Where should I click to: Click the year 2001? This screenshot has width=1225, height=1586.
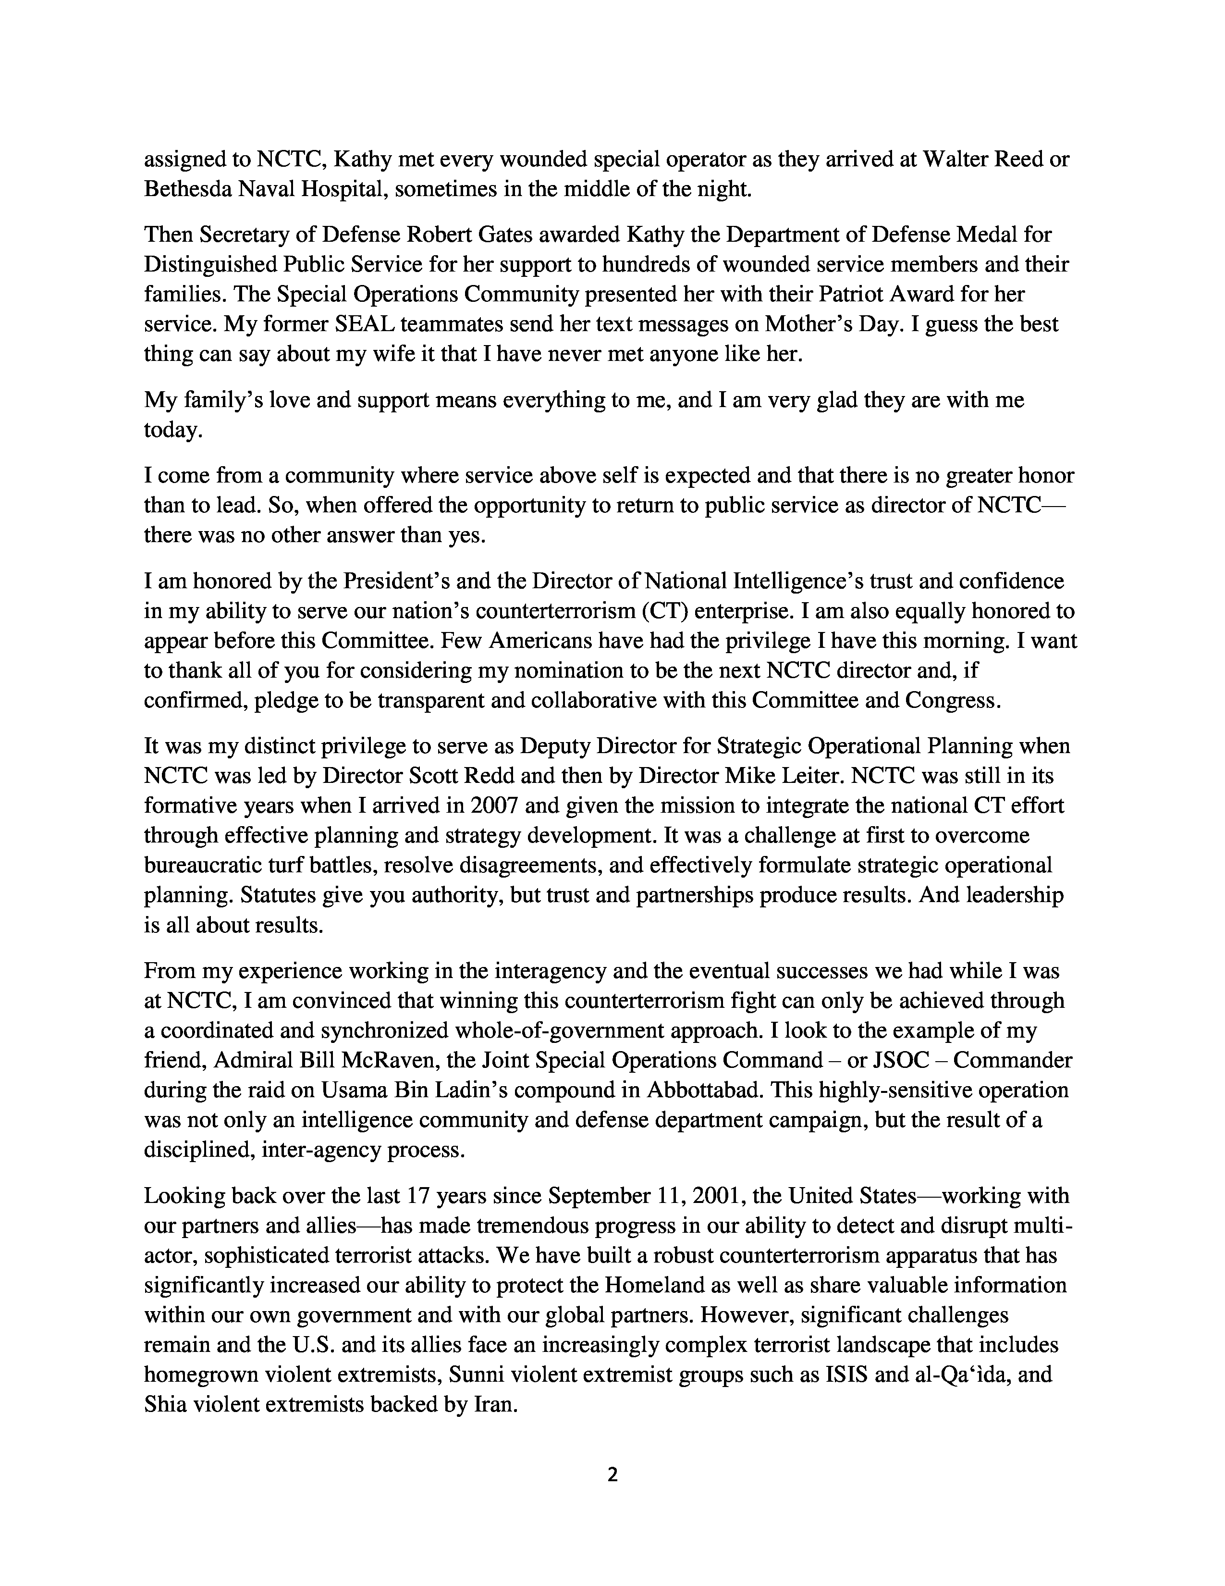coord(731,1195)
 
